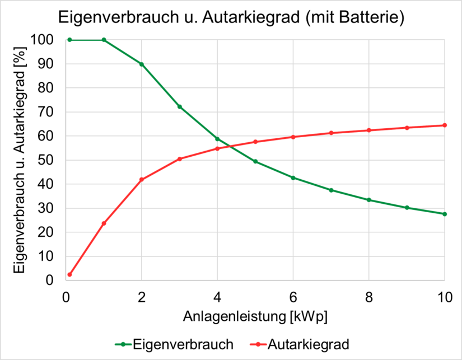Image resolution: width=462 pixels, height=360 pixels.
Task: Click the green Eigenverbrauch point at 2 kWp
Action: (x=142, y=64)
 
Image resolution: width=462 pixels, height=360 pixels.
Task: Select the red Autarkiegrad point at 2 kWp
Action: (x=142, y=179)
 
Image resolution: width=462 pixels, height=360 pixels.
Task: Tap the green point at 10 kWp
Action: (x=445, y=214)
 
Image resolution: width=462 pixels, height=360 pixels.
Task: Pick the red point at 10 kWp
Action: (x=445, y=125)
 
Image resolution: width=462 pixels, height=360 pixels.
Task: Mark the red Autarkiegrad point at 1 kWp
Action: (x=104, y=223)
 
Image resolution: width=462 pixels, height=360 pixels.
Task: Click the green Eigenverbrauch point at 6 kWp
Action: (x=293, y=178)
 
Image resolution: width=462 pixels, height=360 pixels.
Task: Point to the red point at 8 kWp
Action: (x=369, y=130)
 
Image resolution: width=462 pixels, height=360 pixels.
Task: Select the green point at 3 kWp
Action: (x=179, y=106)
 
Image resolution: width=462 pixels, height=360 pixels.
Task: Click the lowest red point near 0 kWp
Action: (x=69, y=274)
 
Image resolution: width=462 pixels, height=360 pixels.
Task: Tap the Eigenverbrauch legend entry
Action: (x=174, y=344)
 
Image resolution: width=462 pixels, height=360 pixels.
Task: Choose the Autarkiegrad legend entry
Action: (x=300, y=344)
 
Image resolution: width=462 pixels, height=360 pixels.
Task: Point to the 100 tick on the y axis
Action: (x=41, y=40)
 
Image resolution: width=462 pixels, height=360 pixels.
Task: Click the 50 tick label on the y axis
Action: (x=45, y=160)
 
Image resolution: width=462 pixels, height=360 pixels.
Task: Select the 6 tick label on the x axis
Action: (x=293, y=297)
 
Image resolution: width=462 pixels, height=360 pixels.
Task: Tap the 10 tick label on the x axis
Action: (x=445, y=297)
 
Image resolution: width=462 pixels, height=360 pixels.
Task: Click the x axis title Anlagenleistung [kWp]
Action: (x=255, y=317)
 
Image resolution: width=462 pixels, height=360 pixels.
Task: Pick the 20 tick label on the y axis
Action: (x=45, y=232)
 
